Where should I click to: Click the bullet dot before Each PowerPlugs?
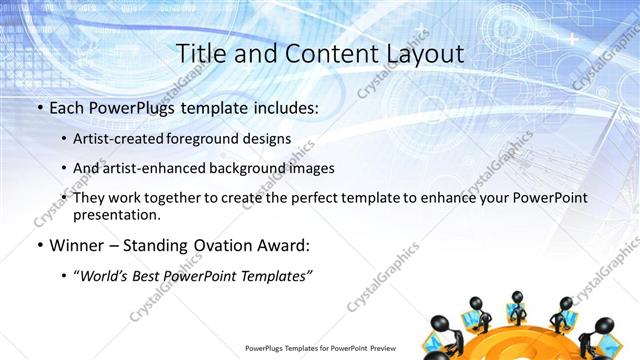click(39, 107)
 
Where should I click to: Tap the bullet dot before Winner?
click(39, 246)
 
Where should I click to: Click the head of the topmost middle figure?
click(517, 296)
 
